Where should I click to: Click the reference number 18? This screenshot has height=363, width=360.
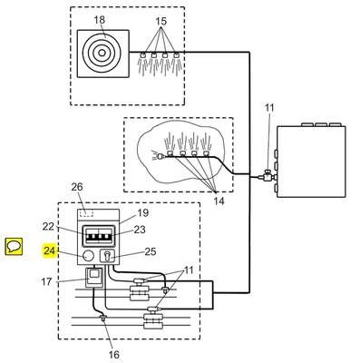click(99, 20)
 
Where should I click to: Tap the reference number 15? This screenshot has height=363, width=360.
click(161, 21)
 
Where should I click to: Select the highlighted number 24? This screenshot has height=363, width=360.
click(50, 250)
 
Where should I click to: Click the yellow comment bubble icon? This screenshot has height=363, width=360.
click(14, 247)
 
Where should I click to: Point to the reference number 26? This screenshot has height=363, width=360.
click(77, 187)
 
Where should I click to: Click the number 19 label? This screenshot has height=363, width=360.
click(143, 213)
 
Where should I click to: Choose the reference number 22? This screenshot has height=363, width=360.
click(48, 226)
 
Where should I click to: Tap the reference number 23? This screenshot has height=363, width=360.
click(140, 230)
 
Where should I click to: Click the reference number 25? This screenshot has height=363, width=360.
click(151, 251)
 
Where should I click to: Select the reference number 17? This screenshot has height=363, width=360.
click(46, 282)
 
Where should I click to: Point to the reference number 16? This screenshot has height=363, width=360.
click(113, 355)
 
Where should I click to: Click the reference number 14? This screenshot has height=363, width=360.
click(219, 201)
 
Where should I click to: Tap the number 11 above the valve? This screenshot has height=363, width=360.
click(269, 108)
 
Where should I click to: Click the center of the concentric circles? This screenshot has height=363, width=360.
click(102, 53)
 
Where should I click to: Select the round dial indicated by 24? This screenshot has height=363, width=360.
click(88, 256)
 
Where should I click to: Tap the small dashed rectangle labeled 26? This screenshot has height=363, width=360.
click(86, 213)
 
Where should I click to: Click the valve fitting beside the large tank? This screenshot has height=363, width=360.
click(268, 175)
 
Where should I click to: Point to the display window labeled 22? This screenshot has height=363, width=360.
click(100, 235)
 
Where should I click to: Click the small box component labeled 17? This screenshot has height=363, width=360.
click(93, 278)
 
